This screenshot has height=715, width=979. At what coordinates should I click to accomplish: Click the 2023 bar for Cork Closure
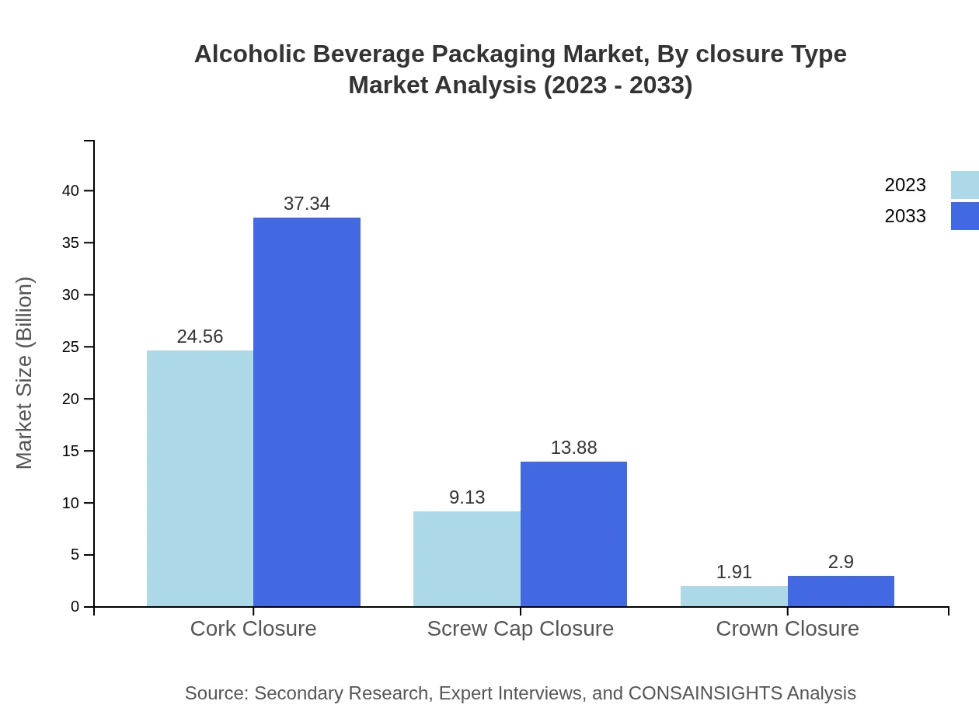(x=200, y=478)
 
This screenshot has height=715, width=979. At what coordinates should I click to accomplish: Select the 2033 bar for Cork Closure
(x=307, y=412)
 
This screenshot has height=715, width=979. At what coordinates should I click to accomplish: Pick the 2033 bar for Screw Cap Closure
(x=573, y=534)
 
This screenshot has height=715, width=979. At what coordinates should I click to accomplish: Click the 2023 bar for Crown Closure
(x=733, y=596)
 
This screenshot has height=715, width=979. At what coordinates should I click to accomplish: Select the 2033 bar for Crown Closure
(x=841, y=591)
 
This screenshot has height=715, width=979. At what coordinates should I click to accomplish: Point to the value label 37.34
(x=307, y=204)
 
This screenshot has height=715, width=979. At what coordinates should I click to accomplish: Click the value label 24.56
(x=200, y=337)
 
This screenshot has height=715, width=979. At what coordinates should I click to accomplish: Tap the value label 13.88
(x=573, y=448)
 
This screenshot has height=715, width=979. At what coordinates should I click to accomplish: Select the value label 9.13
(x=466, y=497)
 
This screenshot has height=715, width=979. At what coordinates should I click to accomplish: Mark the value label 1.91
(x=733, y=572)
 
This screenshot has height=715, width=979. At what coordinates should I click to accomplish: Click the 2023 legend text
(x=905, y=185)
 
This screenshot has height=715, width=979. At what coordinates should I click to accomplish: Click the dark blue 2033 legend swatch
(x=965, y=216)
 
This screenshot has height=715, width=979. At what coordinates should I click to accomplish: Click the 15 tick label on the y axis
(x=71, y=451)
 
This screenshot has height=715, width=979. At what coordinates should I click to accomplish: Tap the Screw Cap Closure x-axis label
(x=520, y=628)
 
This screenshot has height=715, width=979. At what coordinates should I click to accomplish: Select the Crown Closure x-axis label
(x=787, y=628)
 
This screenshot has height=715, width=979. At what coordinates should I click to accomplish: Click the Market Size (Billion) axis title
(x=25, y=373)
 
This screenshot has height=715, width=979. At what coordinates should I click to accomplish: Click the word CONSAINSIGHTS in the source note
(x=705, y=692)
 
